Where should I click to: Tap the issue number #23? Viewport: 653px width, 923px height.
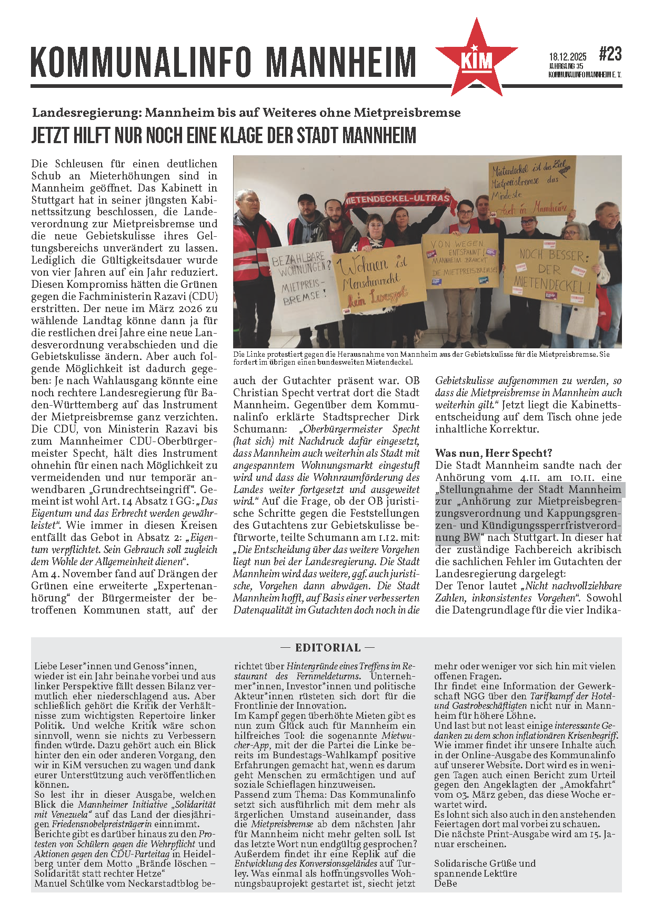point(610,54)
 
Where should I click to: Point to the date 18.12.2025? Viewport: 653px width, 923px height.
point(567,57)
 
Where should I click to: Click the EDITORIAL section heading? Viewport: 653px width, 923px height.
point(327,648)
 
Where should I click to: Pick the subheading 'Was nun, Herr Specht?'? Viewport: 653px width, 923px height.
point(493,453)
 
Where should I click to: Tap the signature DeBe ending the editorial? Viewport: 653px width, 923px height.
point(445,883)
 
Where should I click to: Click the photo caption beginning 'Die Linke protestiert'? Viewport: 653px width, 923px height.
point(421,358)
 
